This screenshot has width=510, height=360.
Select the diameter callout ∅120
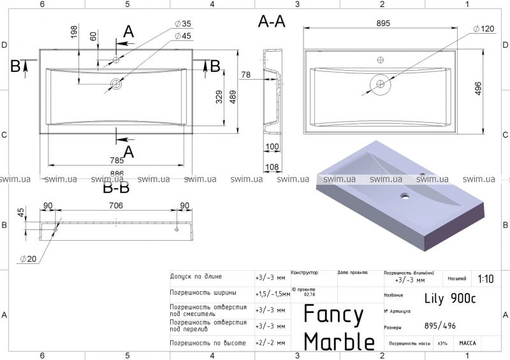(x=484, y=29)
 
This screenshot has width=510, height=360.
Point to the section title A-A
(x=272, y=22)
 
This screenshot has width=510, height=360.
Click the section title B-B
(x=116, y=187)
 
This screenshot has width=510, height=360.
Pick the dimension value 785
(x=116, y=161)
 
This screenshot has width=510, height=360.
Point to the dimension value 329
(x=219, y=96)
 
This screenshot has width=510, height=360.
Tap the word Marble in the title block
(x=339, y=341)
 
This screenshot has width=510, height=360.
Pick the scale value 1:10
(x=484, y=279)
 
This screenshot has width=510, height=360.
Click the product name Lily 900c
(x=449, y=297)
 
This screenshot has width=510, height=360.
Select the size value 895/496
(x=441, y=326)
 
